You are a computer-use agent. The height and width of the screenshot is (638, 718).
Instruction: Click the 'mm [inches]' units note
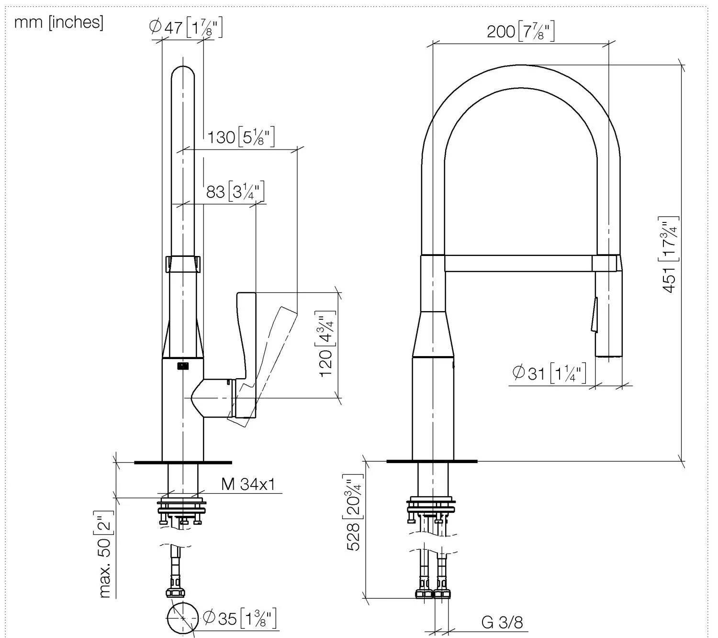[x=58, y=23]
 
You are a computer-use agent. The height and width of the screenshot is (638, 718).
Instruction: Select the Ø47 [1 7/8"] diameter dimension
[x=186, y=27]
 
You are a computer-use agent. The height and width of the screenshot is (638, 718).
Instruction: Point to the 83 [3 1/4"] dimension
[x=235, y=192]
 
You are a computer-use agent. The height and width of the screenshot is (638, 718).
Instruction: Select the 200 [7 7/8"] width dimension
[x=520, y=32]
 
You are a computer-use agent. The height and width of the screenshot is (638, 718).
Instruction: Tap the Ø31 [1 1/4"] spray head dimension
[x=549, y=372]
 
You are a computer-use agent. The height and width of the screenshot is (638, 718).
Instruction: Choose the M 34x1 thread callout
[x=248, y=484]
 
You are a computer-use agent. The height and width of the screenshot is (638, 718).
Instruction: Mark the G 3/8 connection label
[x=502, y=623]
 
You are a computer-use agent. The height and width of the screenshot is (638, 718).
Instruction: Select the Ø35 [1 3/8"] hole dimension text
[x=239, y=618]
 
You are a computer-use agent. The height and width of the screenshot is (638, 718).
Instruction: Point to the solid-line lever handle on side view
[x=247, y=336]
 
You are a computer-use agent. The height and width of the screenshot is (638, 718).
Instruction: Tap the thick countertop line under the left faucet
[x=183, y=463]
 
